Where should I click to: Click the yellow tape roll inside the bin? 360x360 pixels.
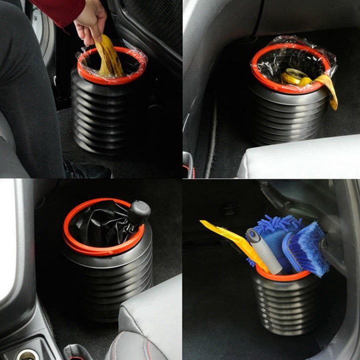click(295, 76)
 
